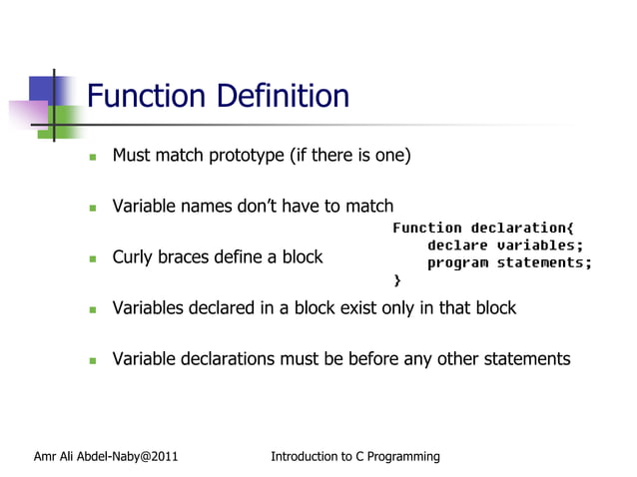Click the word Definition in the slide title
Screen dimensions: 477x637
click(289, 97)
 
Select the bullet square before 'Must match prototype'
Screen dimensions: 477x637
click(92, 157)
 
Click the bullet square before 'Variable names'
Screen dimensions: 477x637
click(92, 209)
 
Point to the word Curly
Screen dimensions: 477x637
click(134, 257)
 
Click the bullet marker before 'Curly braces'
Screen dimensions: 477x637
click(92, 258)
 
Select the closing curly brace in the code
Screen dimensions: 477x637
click(397, 280)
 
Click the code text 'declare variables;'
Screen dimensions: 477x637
click(504, 245)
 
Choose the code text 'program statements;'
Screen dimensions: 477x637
click(509, 263)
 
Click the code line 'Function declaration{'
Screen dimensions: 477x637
click(483, 229)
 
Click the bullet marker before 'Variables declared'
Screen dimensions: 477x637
click(92, 309)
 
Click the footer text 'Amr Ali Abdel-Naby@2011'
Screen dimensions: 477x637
click(106, 457)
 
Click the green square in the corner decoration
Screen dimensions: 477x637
click(66, 121)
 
